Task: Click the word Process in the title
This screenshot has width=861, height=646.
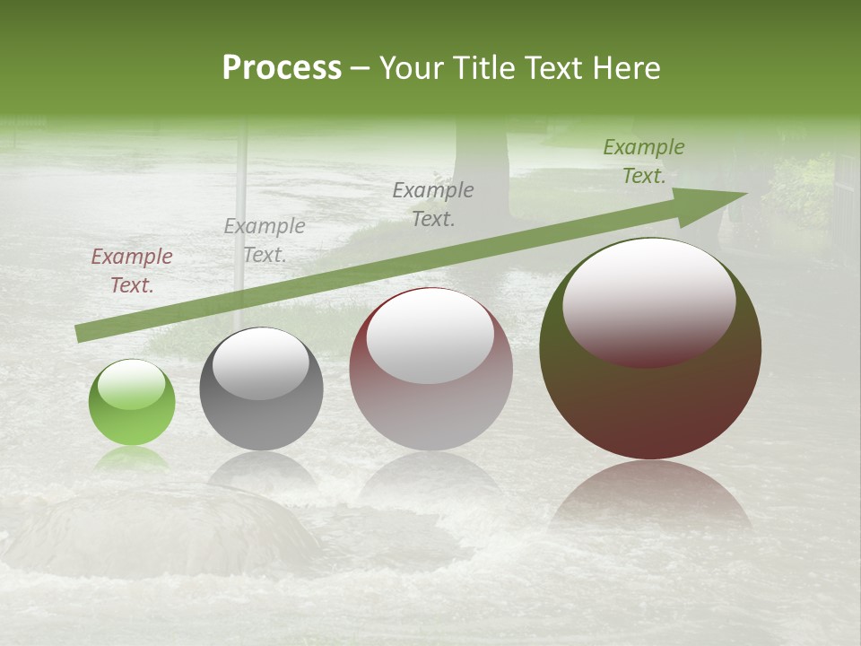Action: point(282,68)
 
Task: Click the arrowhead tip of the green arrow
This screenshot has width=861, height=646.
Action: point(744,193)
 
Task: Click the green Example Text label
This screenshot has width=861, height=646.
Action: point(643,161)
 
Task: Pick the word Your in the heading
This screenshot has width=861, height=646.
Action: point(410,68)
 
